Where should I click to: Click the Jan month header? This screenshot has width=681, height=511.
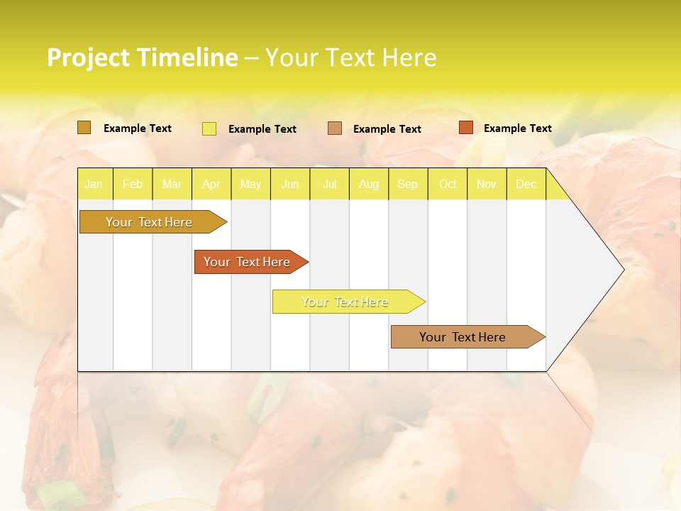click(x=94, y=185)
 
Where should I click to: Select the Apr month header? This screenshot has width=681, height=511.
click(x=211, y=185)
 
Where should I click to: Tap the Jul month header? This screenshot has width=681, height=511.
click(x=329, y=185)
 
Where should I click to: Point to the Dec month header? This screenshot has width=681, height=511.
click(x=526, y=185)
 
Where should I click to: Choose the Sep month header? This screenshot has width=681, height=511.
click(x=407, y=185)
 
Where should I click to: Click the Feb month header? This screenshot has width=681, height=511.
click(x=133, y=185)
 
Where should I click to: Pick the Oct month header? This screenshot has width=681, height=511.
click(x=448, y=185)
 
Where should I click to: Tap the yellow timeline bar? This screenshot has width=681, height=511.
click(x=345, y=302)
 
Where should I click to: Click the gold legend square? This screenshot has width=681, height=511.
click(x=84, y=128)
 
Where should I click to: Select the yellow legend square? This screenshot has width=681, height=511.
click(x=209, y=128)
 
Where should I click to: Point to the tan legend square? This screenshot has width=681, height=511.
click(x=335, y=128)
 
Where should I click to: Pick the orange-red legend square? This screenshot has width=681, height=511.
click(x=466, y=128)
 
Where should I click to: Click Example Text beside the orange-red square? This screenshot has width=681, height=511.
click(x=517, y=128)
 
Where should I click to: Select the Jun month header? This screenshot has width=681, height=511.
click(x=290, y=185)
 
